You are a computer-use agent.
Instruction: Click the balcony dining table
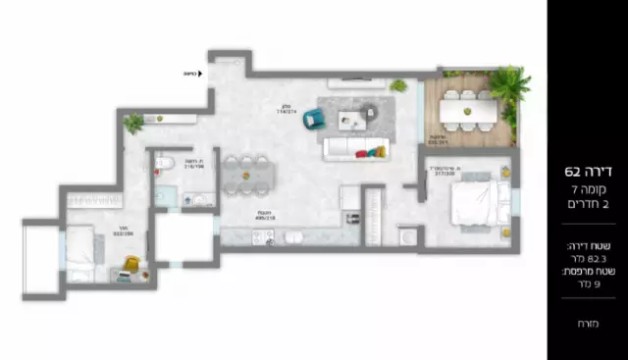(467, 111)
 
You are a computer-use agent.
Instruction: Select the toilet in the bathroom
(165, 164)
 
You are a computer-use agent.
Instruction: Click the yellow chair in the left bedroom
(131, 265)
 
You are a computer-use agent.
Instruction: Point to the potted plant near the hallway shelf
(133, 124)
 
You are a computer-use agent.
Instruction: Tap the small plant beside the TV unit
(398, 86)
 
